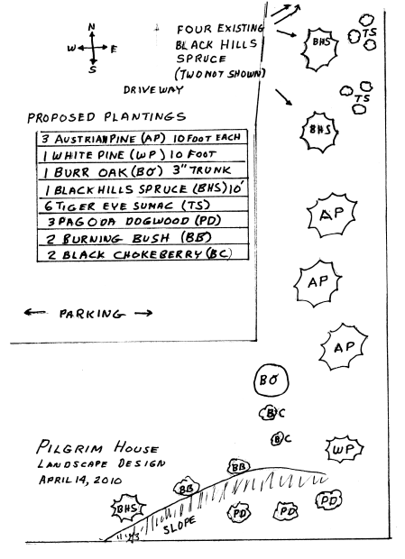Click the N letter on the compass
click(92, 27)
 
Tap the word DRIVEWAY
click(153, 90)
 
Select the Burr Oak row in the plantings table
click(142, 171)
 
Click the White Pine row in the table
click(142, 154)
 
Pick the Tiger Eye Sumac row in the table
click(142, 206)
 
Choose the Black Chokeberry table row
click(143, 254)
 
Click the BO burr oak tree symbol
click(272, 380)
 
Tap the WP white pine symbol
click(344, 449)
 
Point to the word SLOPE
click(179, 526)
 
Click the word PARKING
click(92, 314)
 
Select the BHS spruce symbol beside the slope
click(127, 509)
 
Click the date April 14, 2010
click(80, 480)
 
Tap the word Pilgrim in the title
click(69, 446)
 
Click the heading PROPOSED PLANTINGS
click(106, 117)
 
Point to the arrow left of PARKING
click(34, 313)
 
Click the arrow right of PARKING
click(143, 314)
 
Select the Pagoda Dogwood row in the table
click(143, 221)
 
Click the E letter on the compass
click(114, 50)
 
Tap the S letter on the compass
click(93, 69)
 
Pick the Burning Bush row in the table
click(143, 237)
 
